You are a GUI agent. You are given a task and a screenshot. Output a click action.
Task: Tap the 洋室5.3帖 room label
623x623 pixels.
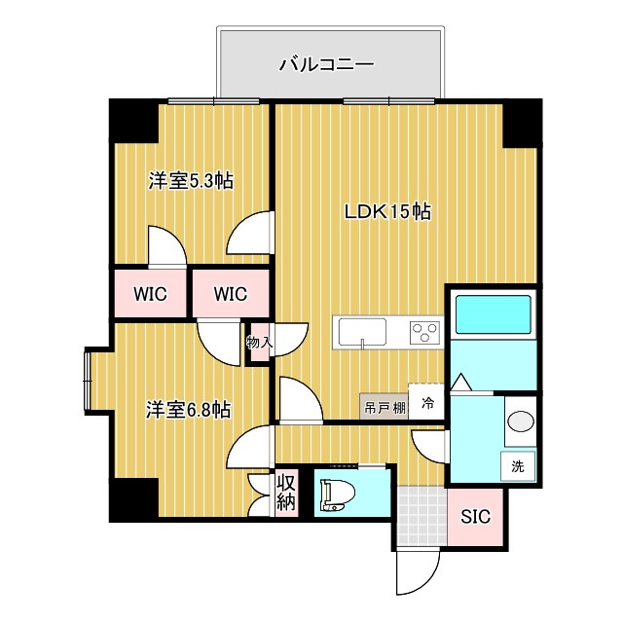pos(190,180)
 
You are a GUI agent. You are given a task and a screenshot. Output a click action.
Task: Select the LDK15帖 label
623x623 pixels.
pos(387,210)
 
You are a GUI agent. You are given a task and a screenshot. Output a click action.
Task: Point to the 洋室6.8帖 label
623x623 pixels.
pos(189,410)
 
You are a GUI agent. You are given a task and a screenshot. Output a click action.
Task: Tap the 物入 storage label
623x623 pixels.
pos(258,343)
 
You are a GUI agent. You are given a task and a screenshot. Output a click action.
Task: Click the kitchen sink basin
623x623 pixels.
pos(362,331)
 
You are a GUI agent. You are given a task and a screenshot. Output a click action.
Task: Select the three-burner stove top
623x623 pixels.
pos(424,332)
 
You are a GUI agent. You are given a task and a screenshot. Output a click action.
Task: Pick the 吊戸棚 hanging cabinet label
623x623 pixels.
pos(384,407)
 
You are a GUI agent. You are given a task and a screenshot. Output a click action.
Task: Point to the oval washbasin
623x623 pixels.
pos(520,423)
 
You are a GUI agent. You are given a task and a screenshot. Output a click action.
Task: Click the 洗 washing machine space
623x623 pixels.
pos(518,466)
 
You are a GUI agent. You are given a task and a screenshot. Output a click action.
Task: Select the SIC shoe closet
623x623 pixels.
pos(476,516)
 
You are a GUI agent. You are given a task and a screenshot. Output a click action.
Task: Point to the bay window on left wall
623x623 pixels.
pos(89,378)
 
